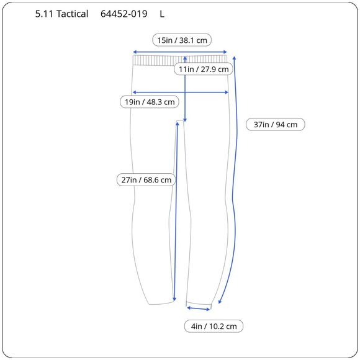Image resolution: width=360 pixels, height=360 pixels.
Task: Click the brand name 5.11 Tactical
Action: click(x=61, y=14)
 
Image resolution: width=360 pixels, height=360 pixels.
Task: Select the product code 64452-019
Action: click(x=124, y=14)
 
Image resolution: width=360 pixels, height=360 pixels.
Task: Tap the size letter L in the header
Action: click(x=162, y=14)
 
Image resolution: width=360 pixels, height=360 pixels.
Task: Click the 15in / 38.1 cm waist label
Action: click(x=182, y=40)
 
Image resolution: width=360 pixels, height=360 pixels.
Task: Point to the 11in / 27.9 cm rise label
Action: click(x=204, y=69)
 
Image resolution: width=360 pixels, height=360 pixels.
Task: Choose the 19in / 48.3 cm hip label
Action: click(x=150, y=102)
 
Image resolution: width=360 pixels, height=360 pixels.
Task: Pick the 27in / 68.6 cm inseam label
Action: click(x=146, y=179)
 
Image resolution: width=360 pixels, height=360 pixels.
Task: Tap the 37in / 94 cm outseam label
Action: click(x=276, y=124)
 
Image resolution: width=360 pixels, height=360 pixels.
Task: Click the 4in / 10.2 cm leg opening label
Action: click(x=214, y=326)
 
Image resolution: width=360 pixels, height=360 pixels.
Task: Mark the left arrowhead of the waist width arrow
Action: click(x=134, y=52)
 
